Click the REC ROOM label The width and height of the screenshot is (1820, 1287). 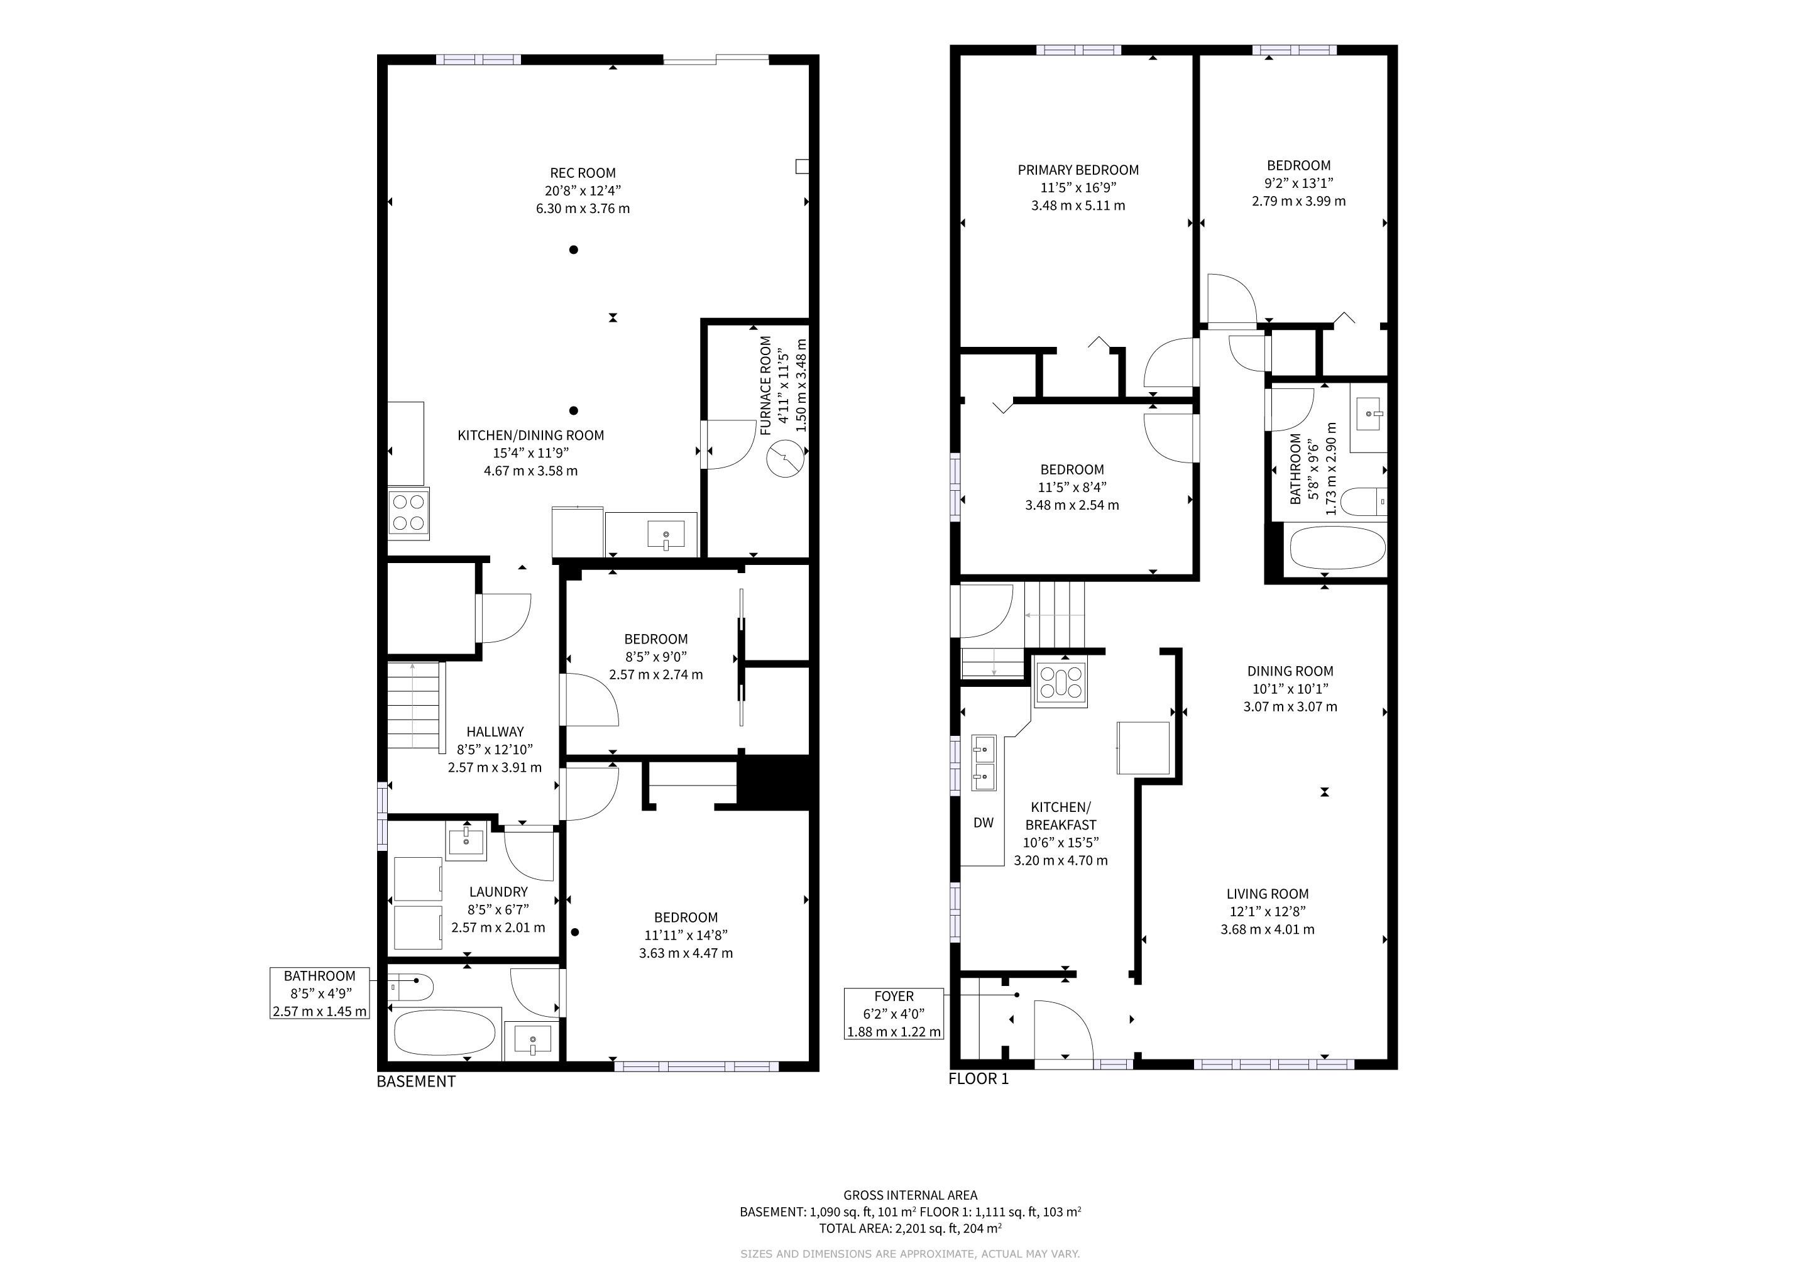(x=583, y=173)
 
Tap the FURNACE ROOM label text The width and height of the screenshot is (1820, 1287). (x=765, y=386)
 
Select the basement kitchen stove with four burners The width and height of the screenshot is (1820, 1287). (x=409, y=512)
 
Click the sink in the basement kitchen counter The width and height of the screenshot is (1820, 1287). (x=666, y=535)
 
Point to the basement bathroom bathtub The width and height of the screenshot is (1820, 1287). (x=445, y=1032)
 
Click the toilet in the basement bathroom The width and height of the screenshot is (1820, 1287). (x=412, y=987)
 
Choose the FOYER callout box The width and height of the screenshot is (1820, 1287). (x=894, y=1014)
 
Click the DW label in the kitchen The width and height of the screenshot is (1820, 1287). (x=983, y=823)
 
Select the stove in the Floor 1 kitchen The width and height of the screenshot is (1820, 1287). (x=1062, y=682)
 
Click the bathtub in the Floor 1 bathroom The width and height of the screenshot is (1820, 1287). (x=1337, y=549)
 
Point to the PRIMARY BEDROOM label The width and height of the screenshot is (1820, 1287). (x=1078, y=170)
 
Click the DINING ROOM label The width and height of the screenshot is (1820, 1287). (x=1290, y=671)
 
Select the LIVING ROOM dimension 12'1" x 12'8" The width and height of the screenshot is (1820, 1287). (x=1268, y=911)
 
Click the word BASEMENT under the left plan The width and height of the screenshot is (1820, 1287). (x=416, y=1082)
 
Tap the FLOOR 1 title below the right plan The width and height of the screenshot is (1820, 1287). (x=979, y=1078)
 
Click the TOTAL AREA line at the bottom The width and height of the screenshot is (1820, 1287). (x=910, y=1229)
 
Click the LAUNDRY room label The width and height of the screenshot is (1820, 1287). (x=498, y=892)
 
